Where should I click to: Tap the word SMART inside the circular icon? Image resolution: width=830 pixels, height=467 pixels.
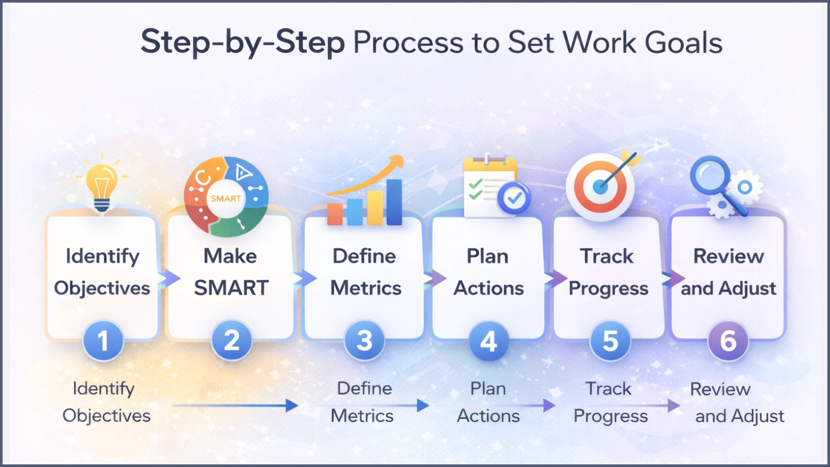pyautogui.click(x=226, y=198)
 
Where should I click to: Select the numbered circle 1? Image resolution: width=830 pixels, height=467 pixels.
pyautogui.click(x=103, y=341)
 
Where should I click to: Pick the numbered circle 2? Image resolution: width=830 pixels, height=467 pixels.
pyautogui.click(x=231, y=341)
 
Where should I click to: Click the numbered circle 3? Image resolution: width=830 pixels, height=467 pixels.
pyautogui.click(x=365, y=341)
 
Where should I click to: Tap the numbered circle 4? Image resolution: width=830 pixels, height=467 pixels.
pyautogui.click(x=489, y=341)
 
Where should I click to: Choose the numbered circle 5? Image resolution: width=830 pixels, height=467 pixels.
pyautogui.click(x=610, y=341)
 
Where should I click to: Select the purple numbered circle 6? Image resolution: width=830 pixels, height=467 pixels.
pyautogui.click(x=728, y=341)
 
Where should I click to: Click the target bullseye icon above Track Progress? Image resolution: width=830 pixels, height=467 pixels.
pyautogui.click(x=600, y=187)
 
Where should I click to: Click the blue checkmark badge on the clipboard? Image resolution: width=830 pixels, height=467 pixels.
pyautogui.click(x=514, y=198)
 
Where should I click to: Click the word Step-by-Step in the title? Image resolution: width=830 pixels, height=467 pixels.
pyautogui.click(x=243, y=43)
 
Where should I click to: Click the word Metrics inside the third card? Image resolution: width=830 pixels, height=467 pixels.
pyautogui.click(x=366, y=288)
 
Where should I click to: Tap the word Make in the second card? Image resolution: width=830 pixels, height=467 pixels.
pyautogui.click(x=230, y=256)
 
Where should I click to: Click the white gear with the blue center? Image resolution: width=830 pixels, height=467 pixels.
pyautogui.click(x=745, y=187)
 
